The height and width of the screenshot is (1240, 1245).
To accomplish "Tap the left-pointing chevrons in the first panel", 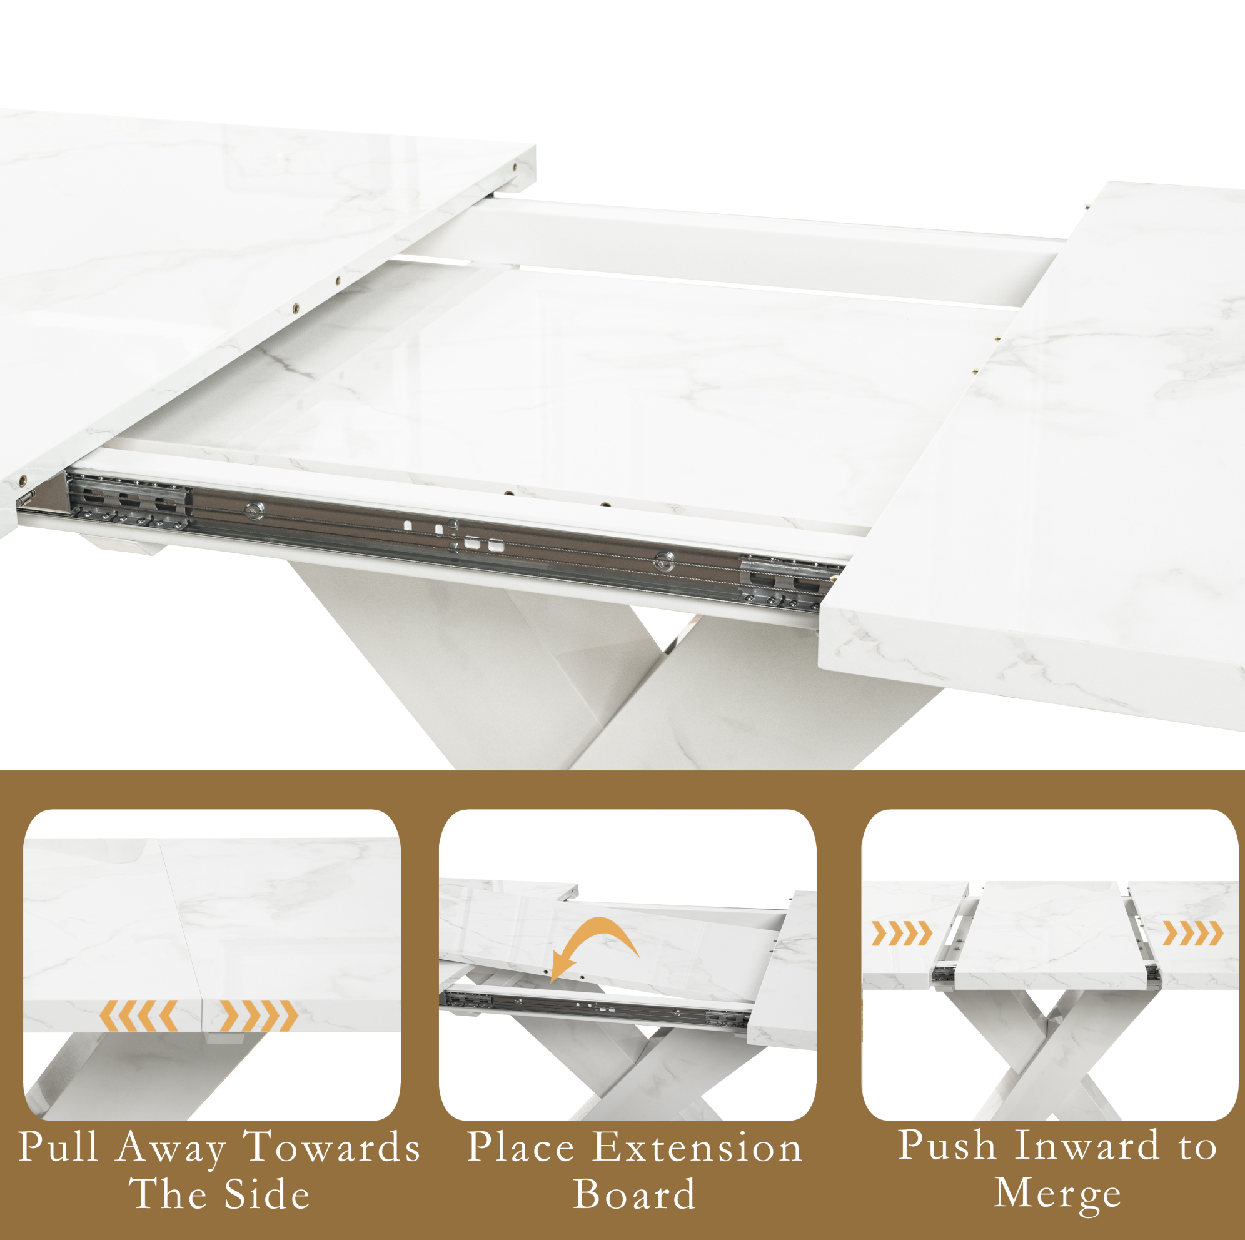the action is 139,1016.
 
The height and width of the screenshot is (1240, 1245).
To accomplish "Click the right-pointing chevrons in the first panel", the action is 259,1016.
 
